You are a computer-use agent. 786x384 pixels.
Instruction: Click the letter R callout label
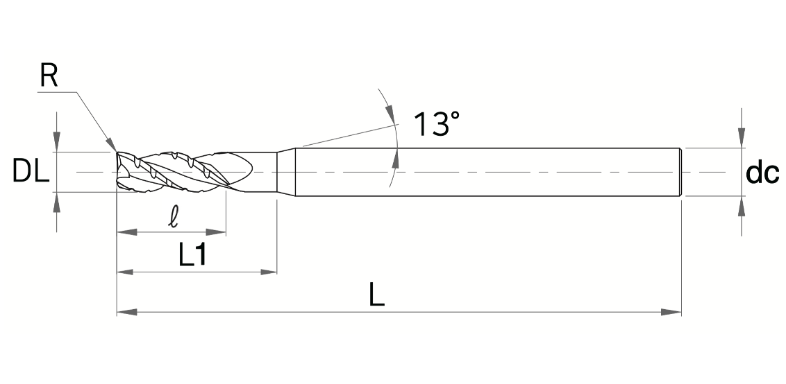48,76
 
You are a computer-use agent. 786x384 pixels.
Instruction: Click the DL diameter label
31,171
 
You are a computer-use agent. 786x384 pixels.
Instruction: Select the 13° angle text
436,124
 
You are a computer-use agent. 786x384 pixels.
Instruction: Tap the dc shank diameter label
762,173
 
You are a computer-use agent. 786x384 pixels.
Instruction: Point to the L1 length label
192,256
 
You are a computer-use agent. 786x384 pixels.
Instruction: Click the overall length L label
377,297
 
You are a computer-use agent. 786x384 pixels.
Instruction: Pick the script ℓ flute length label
174,218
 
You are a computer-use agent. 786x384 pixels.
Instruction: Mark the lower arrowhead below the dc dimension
742,206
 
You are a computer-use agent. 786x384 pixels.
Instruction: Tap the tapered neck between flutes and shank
286,172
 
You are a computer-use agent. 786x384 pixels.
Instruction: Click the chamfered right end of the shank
679,172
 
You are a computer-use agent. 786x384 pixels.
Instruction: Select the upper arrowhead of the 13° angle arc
390,114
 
